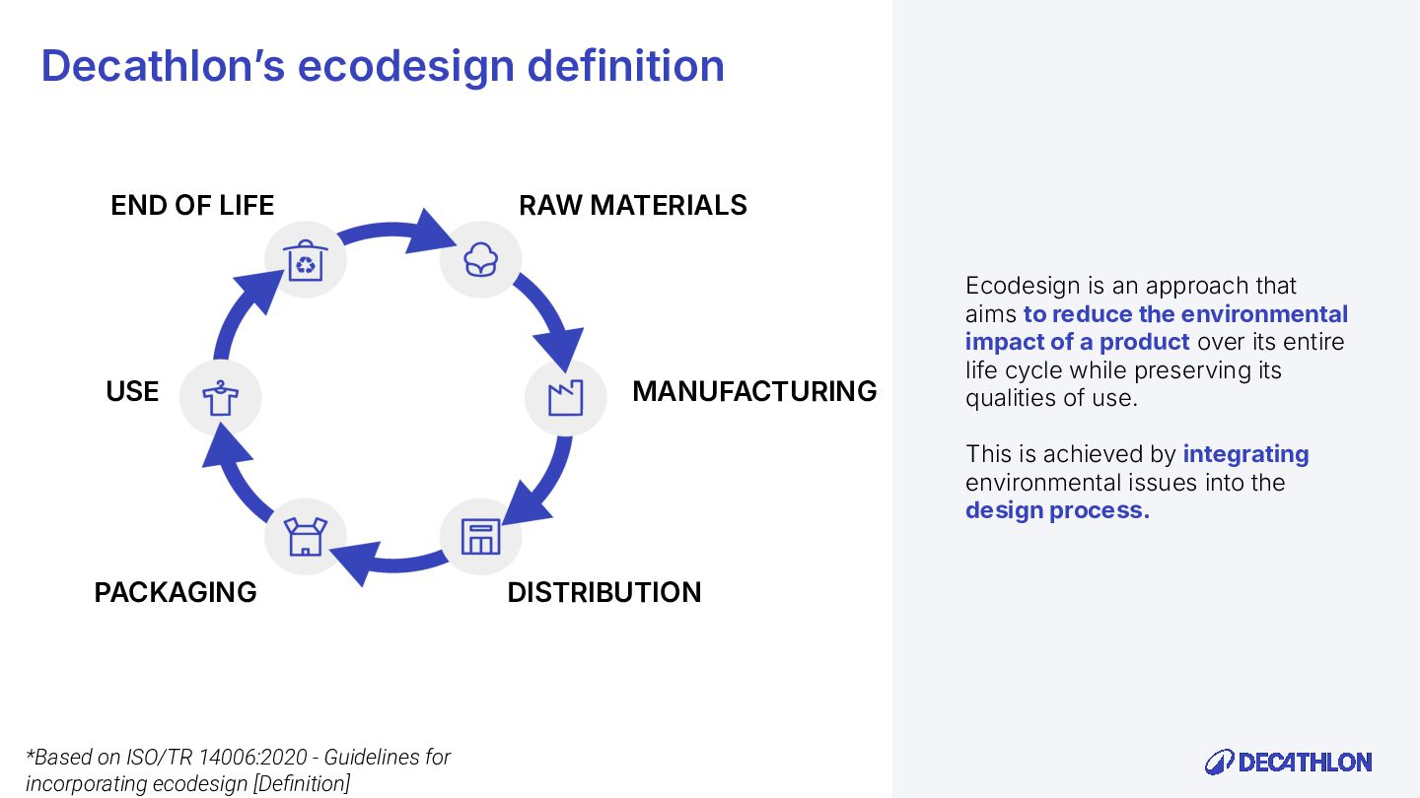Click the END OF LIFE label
point(192,205)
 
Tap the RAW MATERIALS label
point(632,205)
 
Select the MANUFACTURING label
point(754,391)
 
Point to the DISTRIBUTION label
point(603,592)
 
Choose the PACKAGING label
point(176,592)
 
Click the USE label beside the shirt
point(132,391)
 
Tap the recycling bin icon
point(306,261)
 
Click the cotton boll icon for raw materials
point(480,259)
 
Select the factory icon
point(565,398)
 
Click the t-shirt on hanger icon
point(220,398)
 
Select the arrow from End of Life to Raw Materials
point(394,233)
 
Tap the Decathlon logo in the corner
point(1288,762)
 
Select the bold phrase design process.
point(1057,510)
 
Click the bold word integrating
point(1245,454)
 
